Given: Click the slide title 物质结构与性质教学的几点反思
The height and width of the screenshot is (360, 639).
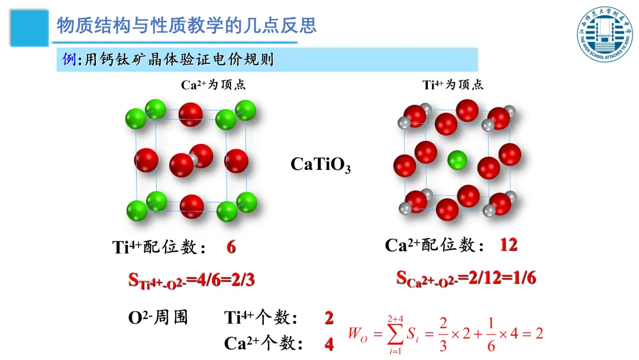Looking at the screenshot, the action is (186, 25).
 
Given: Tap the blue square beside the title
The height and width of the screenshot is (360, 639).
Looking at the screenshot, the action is (29, 26).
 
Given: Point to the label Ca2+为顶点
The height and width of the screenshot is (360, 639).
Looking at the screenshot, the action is (213, 85).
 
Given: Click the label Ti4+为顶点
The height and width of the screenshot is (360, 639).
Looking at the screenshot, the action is (453, 85).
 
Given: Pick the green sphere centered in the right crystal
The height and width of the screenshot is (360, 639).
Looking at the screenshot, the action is (456, 160).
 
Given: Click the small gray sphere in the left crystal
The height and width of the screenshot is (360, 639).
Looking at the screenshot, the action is (192, 158).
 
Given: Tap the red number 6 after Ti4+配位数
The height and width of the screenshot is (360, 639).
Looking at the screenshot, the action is (231, 247).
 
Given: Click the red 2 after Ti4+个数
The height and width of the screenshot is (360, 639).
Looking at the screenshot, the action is (328, 318).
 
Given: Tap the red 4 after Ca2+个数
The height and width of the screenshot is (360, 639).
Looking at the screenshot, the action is (328, 344).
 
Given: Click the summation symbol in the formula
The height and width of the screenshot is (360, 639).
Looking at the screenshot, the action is (395, 334).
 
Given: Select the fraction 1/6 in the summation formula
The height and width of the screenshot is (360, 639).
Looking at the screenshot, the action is (490, 334).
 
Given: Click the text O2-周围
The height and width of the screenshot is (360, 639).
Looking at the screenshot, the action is (158, 318).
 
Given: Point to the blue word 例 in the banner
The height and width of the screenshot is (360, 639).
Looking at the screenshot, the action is (69, 59).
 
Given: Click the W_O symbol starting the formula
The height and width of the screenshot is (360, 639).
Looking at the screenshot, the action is (357, 334).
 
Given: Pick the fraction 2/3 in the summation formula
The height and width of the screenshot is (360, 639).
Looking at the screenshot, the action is (441, 334).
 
